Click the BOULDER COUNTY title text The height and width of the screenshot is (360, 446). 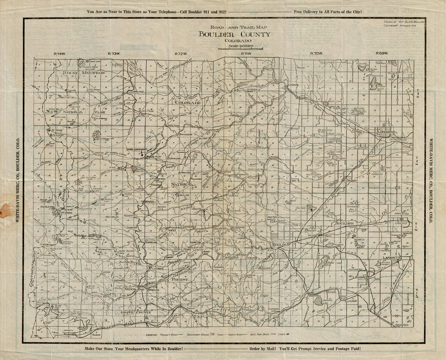[234, 34]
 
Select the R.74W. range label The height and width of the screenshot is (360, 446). [59, 53]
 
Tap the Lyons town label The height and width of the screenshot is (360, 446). [292, 85]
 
